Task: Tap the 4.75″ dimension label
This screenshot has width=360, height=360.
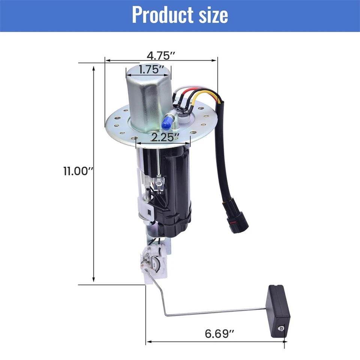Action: pyautogui.click(x=161, y=55)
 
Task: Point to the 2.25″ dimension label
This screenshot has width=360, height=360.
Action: pyautogui.click(x=163, y=137)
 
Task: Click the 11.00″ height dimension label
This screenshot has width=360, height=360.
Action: pyautogui.click(x=78, y=172)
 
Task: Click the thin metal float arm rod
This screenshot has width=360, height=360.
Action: pyautogui.click(x=210, y=312)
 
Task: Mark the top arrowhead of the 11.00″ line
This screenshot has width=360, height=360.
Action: pyautogui.click(x=94, y=66)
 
